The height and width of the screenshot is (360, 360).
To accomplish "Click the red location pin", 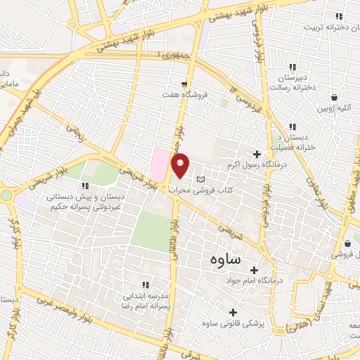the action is [181, 165].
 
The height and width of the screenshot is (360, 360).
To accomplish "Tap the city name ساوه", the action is [225, 259].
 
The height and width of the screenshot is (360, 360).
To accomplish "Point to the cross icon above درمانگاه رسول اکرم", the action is [256, 154].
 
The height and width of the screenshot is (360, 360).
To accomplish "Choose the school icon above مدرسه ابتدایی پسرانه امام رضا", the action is [146, 285].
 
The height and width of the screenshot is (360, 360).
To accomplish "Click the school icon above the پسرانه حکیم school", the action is [86, 186].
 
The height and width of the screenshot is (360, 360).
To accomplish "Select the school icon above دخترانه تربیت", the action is [339, 16].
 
